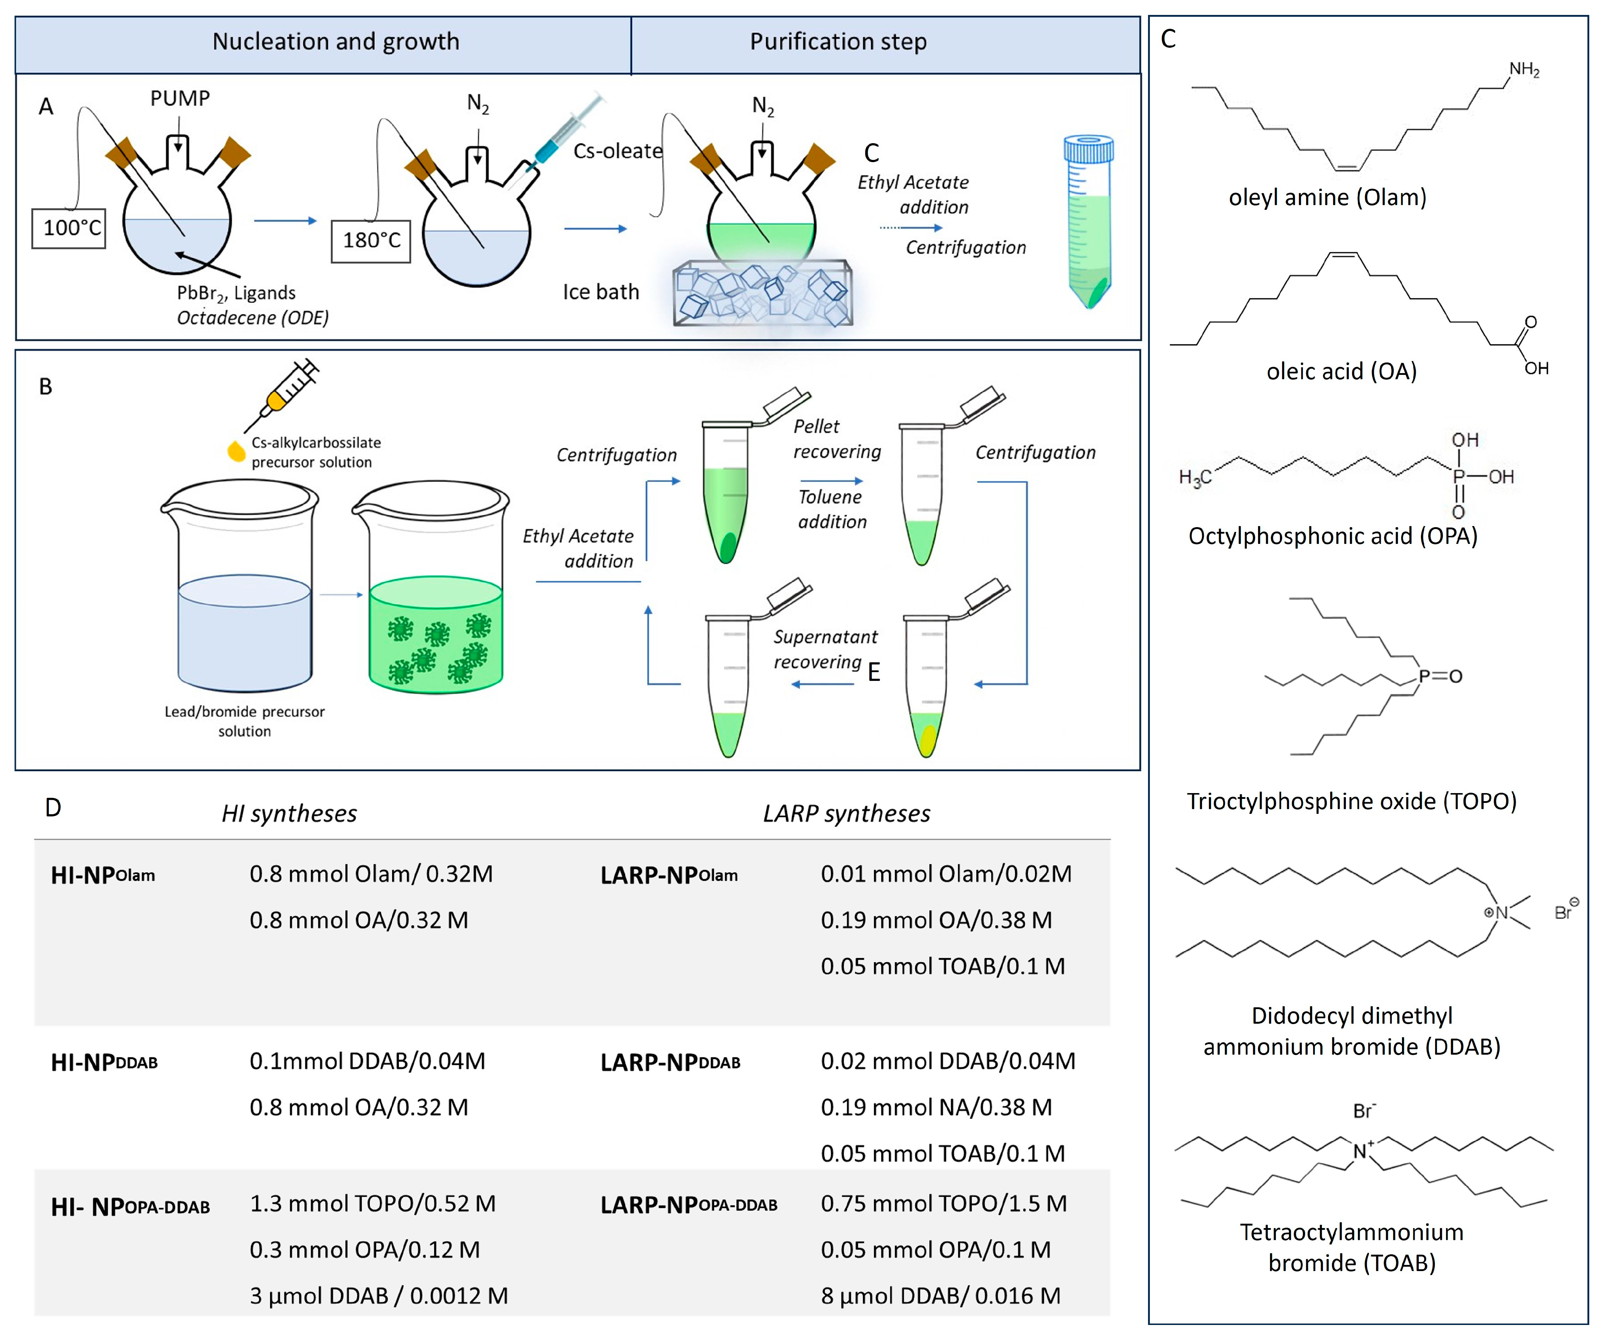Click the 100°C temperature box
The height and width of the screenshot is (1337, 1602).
click(x=68, y=228)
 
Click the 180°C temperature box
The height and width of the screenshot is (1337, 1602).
click(x=371, y=241)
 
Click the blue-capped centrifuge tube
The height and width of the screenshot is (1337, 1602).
click(x=1089, y=221)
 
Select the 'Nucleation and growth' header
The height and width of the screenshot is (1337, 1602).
click(x=336, y=42)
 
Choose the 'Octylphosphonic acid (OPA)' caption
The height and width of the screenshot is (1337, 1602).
click(x=1332, y=536)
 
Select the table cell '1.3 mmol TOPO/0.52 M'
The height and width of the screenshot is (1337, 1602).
click(x=372, y=1204)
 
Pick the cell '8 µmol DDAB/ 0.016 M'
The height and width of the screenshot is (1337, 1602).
click(x=940, y=1296)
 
